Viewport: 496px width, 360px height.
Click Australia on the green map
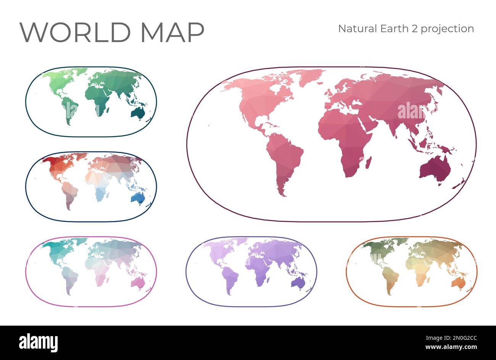point(137,112)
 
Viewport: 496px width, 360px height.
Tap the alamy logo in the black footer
point(38,342)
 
